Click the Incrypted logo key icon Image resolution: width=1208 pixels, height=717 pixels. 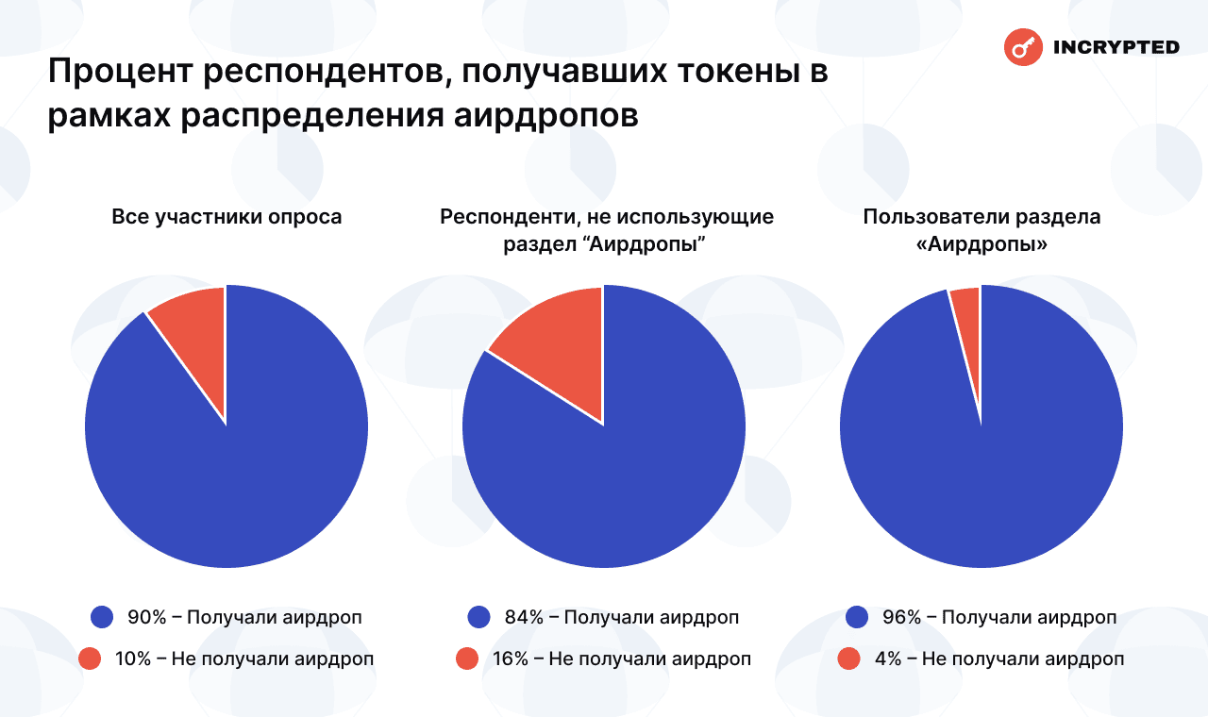(x=1022, y=46)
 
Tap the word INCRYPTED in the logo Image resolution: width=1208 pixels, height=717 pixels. (x=1115, y=47)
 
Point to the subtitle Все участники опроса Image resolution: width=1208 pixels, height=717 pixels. (x=226, y=217)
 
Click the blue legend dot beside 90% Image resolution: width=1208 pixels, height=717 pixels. (x=102, y=617)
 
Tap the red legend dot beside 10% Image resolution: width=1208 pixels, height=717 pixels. (x=91, y=659)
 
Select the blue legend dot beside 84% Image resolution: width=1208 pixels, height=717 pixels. (x=479, y=617)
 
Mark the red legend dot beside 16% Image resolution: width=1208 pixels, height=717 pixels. (x=467, y=659)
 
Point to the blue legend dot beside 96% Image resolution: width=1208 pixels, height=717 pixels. (x=857, y=617)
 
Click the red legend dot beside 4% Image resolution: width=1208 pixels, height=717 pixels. (x=848, y=659)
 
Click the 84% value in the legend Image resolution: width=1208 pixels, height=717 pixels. (x=524, y=617)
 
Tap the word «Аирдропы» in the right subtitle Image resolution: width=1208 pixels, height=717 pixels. (x=981, y=242)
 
